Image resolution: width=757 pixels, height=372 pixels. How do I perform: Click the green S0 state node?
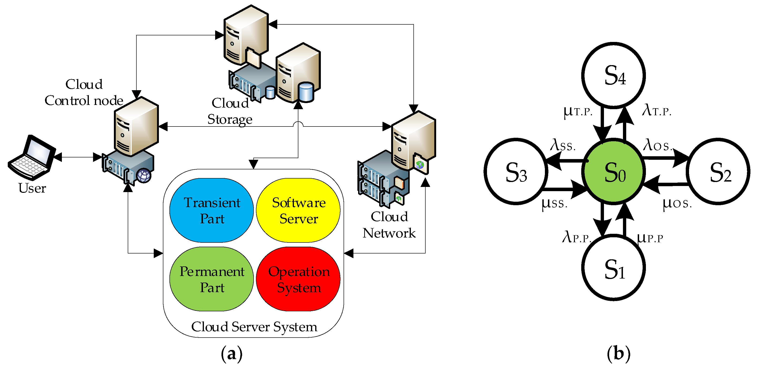(614, 172)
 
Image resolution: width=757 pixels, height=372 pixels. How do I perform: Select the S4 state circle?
(614, 75)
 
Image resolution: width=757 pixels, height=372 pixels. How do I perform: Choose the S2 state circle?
(719, 172)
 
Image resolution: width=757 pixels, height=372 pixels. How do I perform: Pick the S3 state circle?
(516, 172)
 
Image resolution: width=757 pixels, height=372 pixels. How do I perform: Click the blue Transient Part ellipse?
(212, 210)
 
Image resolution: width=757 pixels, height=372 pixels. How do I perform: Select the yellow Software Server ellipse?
(298, 210)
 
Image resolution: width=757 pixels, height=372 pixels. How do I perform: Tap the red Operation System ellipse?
(298, 279)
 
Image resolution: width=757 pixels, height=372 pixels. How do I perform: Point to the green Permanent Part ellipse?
(212, 279)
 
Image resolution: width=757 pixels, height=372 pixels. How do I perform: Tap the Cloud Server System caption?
(254, 327)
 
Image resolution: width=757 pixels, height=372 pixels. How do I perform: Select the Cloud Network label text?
(389, 225)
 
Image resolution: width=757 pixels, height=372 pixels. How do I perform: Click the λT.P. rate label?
(657, 111)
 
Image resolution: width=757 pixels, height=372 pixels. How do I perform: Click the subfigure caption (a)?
(232, 354)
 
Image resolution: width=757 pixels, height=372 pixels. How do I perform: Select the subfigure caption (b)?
(618, 354)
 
